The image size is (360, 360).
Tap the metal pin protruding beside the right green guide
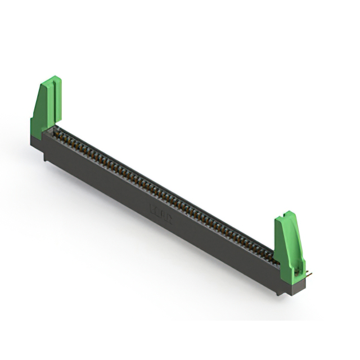pyautogui.click(x=309, y=274)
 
